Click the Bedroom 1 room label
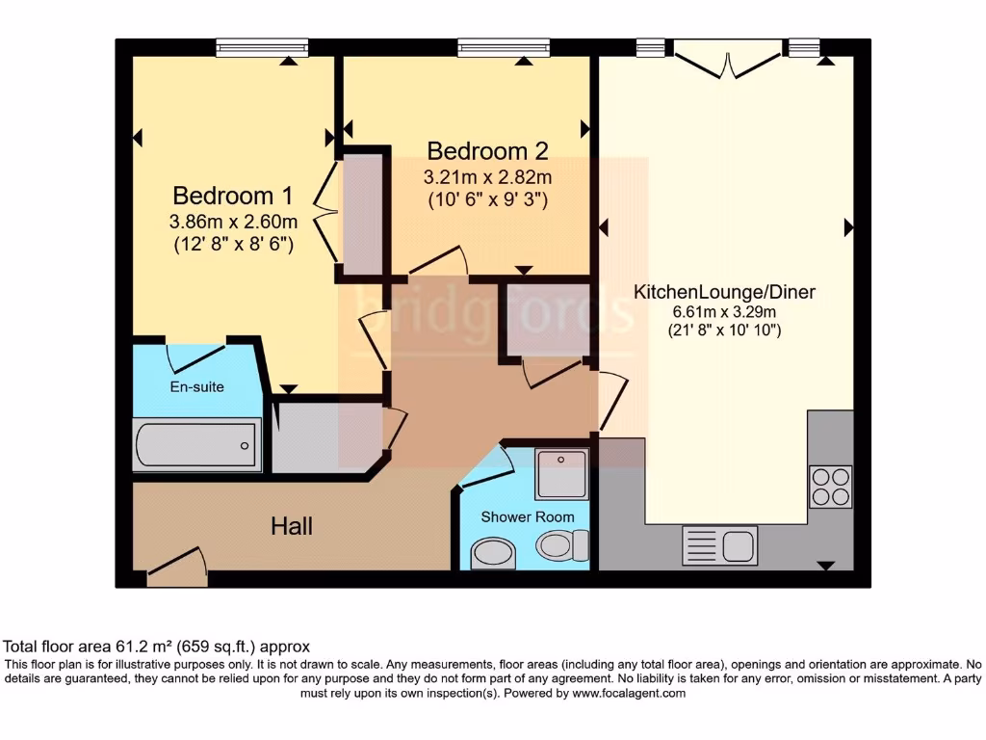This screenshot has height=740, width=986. pos(232,196)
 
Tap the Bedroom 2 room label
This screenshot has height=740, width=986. pos(487,151)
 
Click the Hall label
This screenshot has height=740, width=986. pos(291,526)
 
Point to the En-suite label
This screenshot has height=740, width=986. pos(197,386)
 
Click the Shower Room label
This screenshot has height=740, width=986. pos(528,517)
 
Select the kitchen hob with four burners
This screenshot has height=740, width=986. pos(830,486)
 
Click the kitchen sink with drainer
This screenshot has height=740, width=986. pos(719,545)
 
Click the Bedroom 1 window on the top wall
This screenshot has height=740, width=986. pos(262,47)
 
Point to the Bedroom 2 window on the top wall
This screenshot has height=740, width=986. pos(504,47)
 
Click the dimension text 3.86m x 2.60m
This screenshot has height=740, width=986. pos(232,222)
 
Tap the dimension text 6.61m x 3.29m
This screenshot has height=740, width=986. pos(724,311)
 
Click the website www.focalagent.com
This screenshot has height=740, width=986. pos(629,693)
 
